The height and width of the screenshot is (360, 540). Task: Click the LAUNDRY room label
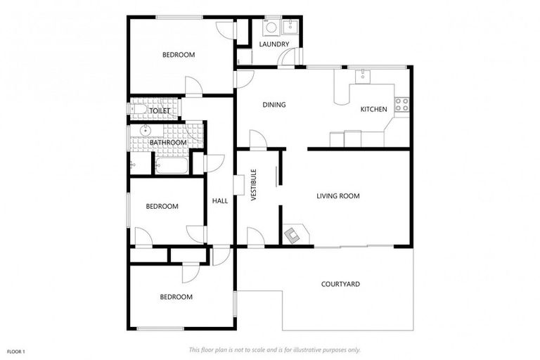[x=274, y=44]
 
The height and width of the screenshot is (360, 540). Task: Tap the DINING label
[x=274, y=105]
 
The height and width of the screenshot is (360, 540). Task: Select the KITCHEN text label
[x=373, y=109]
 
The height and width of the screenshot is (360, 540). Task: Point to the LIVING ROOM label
[x=337, y=196]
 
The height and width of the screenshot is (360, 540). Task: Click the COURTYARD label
[x=340, y=284]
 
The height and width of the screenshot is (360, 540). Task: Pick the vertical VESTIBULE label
[x=254, y=185]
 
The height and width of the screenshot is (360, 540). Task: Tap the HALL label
[x=220, y=201]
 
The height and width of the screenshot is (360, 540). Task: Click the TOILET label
[x=161, y=110]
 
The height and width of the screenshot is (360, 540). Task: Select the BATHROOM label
[x=168, y=143]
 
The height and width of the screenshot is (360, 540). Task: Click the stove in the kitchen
[x=401, y=105]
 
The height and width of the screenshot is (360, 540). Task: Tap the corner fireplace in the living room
[x=293, y=234]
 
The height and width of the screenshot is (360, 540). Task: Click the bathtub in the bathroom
[x=171, y=166]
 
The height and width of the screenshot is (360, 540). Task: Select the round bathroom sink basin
[x=146, y=130]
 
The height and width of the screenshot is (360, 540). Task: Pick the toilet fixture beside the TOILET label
[x=138, y=109]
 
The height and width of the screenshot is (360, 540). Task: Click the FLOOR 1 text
[x=16, y=350]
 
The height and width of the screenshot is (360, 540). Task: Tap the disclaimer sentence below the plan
[x=274, y=349]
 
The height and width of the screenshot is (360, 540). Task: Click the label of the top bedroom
[x=179, y=55]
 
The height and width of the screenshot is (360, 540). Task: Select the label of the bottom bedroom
[x=176, y=297]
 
